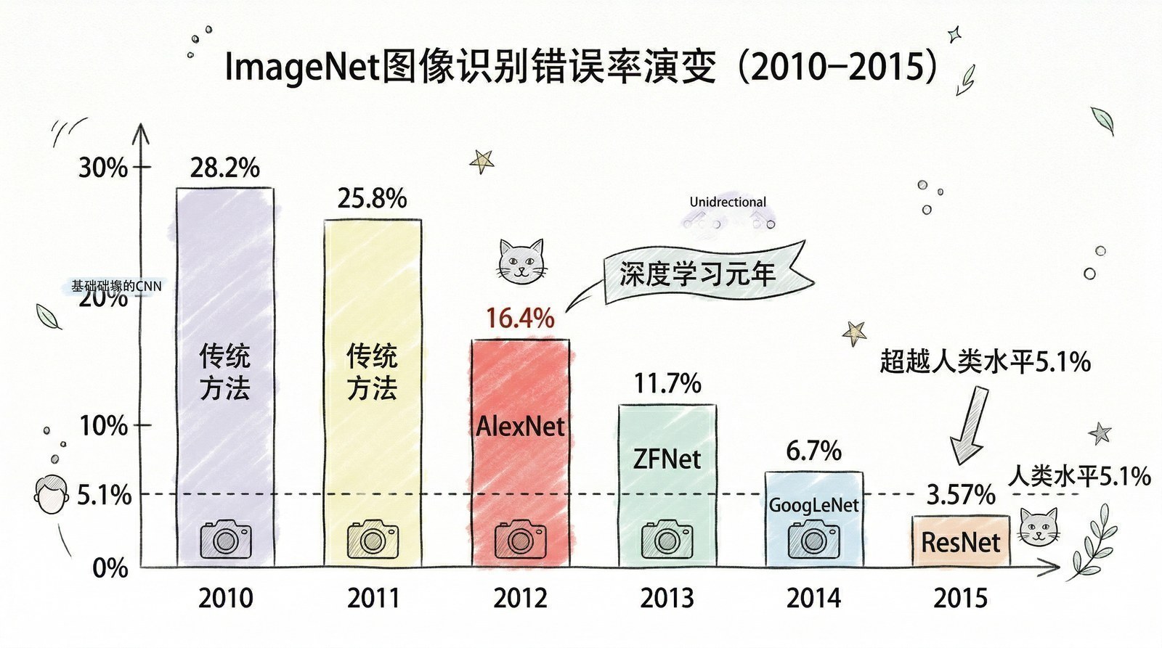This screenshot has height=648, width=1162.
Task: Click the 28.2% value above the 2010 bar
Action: click(x=224, y=168)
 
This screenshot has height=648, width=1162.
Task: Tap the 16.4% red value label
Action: click(x=520, y=318)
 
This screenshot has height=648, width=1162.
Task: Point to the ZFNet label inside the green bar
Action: click(x=667, y=459)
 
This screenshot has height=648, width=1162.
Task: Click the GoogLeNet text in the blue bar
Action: click(x=813, y=505)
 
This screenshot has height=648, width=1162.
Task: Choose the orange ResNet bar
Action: click(x=960, y=541)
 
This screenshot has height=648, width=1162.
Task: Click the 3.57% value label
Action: click(x=960, y=496)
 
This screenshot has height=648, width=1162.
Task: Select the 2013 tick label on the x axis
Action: click(x=667, y=599)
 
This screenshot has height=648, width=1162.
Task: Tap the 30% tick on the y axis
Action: click(x=102, y=168)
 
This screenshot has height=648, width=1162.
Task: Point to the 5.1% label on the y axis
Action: click(x=104, y=496)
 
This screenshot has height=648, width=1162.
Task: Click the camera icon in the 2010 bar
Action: click(x=225, y=539)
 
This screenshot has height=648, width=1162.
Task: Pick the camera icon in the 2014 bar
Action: click(x=813, y=539)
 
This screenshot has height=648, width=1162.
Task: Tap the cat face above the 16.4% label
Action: click(x=521, y=261)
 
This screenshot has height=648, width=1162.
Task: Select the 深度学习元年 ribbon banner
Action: click(x=697, y=274)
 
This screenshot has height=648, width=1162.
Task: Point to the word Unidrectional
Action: click(x=728, y=202)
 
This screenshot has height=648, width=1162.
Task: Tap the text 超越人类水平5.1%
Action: click(x=985, y=361)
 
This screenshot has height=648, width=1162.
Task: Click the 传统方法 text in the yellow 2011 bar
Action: click(x=372, y=372)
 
